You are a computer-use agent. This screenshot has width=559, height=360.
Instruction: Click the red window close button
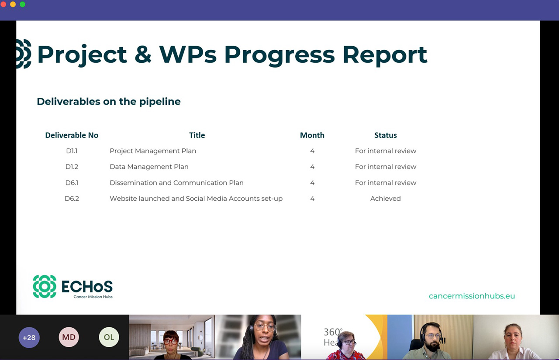[3, 4]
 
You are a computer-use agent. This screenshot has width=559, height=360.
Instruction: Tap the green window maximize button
[22, 4]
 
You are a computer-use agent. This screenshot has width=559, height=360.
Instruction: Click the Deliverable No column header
[72, 135]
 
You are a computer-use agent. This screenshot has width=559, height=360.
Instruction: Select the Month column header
[312, 135]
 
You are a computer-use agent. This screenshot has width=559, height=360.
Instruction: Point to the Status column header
[385, 135]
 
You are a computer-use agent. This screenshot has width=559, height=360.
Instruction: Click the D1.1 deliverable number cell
[72, 151]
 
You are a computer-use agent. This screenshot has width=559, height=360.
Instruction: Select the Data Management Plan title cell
[149, 167]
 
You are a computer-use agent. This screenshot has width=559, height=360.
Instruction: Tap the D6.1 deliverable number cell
[72, 183]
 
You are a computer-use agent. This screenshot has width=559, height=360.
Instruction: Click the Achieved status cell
[385, 199]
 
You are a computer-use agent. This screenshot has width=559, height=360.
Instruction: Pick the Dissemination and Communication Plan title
[176, 183]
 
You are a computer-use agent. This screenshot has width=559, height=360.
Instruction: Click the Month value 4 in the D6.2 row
[312, 199]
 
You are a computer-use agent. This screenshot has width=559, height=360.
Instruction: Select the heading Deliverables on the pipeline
[109, 102]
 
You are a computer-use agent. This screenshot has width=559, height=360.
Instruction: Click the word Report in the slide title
[385, 55]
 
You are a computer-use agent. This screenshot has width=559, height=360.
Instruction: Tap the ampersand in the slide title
[143, 55]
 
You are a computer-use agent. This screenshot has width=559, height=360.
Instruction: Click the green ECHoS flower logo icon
[45, 286]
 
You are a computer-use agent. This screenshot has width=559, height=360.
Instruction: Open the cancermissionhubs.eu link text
[472, 296]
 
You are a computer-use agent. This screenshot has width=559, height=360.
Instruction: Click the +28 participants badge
[29, 337]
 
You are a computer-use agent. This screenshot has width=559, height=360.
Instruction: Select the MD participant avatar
[69, 337]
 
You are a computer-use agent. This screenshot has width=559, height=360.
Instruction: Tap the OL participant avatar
[109, 337]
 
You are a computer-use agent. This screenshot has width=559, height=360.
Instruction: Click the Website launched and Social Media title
[196, 199]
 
